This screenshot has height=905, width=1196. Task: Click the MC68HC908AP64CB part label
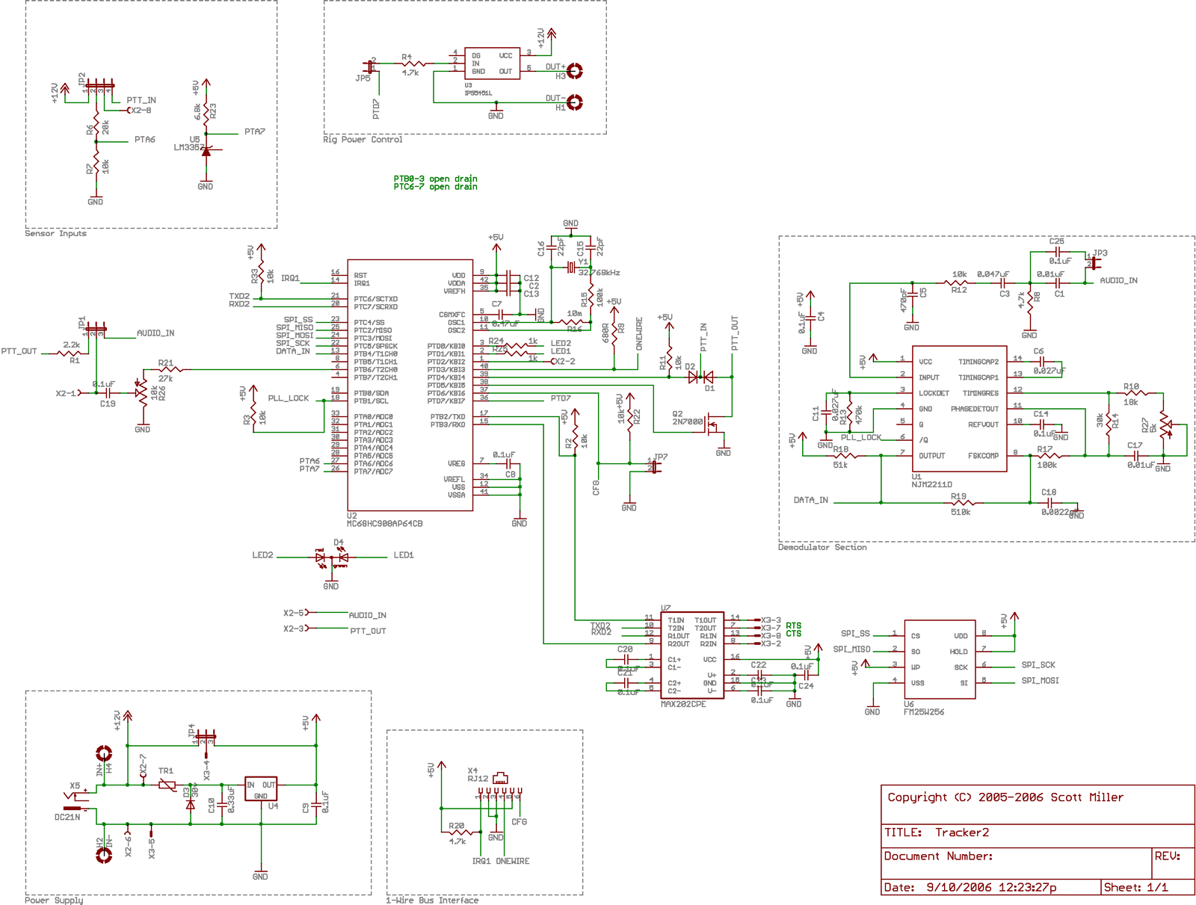384,524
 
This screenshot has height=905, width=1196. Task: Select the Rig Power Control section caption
363,140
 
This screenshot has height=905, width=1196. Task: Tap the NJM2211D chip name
931,484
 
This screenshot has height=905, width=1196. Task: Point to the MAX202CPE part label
683,704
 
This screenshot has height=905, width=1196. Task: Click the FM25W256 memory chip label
923,712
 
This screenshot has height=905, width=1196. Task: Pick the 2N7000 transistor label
688,421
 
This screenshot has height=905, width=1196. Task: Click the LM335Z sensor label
188,147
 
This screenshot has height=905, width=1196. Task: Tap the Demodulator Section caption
822,548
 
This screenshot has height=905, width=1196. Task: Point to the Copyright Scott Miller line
1005,797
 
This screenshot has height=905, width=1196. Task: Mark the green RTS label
793,626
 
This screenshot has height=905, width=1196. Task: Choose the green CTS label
793,634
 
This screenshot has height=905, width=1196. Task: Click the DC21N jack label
67,818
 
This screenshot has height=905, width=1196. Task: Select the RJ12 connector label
478,779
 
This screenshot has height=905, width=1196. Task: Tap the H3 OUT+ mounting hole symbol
575,71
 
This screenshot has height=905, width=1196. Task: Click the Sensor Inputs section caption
55,234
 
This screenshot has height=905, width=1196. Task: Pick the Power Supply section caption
54,901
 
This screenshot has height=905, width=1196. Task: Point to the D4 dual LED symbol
332,557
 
